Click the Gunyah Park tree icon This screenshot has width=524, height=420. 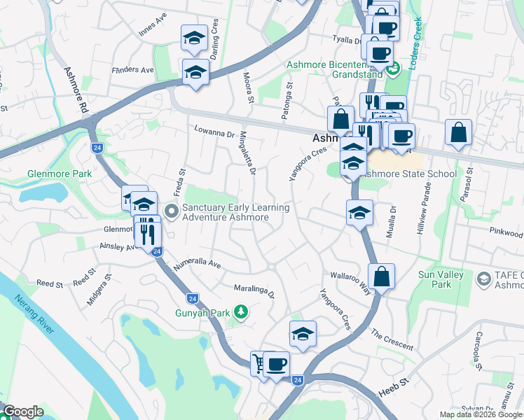(x=240, y=311)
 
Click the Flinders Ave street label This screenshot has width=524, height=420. (x=132, y=70)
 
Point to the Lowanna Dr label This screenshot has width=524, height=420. (x=214, y=131)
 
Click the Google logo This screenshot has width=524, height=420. (x=23, y=412)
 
